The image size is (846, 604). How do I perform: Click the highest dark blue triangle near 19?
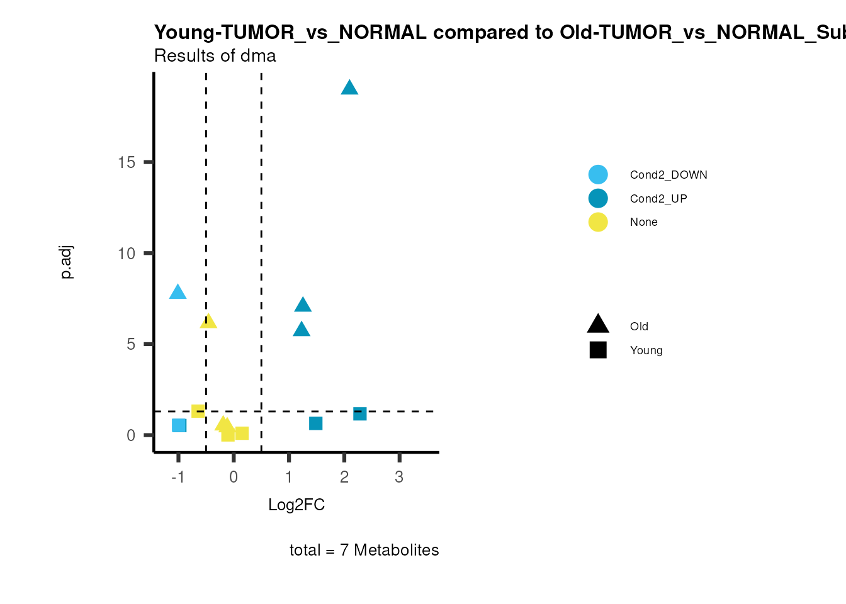pyautogui.click(x=349, y=88)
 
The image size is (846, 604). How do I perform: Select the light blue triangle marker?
pyautogui.click(x=178, y=292)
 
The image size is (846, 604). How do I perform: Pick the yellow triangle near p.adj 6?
pyautogui.click(x=208, y=322)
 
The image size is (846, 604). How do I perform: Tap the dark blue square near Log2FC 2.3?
pyautogui.click(x=360, y=413)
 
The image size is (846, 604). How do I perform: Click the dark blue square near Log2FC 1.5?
pyautogui.click(x=316, y=423)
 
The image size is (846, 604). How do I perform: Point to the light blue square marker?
pyautogui.click(x=179, y=425)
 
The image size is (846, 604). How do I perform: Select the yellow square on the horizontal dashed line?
pyautogui.click(x=198, y=411)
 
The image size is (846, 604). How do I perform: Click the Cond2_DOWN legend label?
pyautogui.click(x=668, y=175)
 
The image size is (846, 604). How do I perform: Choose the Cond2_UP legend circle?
pyautogui.click(x=598, y=198)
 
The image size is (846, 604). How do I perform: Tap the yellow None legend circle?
pyautogui.click(x=598, y=222)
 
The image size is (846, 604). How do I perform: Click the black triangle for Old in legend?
pyautogui.click(x=598, y=325)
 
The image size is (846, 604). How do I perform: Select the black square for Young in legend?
pyautogui.click(x=598, y=350)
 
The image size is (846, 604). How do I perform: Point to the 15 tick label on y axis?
pyautogui.click(x=127, y=162)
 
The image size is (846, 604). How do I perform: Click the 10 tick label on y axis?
pyautogui.click(x=127, y=254)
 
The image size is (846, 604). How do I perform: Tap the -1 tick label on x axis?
pyautogui.click(x=178, y=477)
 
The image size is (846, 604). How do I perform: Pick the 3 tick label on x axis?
pyautogui.click(x=399, y=477)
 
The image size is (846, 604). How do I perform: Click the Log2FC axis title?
pyautogui.click(x=296, y=505)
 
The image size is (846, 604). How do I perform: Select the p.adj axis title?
pyautogui.click(x=67, y=262)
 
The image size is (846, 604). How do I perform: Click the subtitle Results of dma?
pyautogui.click(x=215, y=56)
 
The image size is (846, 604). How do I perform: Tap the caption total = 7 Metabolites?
pyautogui.click(x=364, y=550)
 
